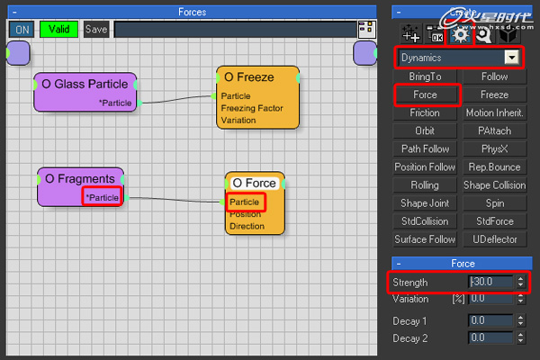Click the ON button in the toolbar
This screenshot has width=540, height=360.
[x=22, y=29]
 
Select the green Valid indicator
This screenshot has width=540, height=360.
[x=58, y=29]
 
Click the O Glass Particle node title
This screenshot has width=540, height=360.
[x=85, y=84]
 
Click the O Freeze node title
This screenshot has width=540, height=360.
[x=248, y=76]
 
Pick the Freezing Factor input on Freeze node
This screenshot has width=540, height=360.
[x=250, y=108]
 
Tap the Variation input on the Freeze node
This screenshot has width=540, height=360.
[x=238, y=120]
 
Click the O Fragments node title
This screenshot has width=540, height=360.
[x=79, y=178]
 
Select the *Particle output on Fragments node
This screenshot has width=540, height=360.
[x=102, y=197]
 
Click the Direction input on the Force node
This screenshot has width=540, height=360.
[x=247, y=226]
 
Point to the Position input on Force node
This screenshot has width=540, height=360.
[x=246, y=214]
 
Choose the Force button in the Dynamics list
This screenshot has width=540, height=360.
[x=425, y=94]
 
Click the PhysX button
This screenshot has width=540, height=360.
[x=494, y=149]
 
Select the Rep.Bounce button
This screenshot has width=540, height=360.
[x=494, y=167]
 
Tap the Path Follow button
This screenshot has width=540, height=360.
[x=425, y=149]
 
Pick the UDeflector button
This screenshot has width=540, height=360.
[x=494, y=239]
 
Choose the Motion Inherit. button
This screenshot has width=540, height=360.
[x=494, y=113]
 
